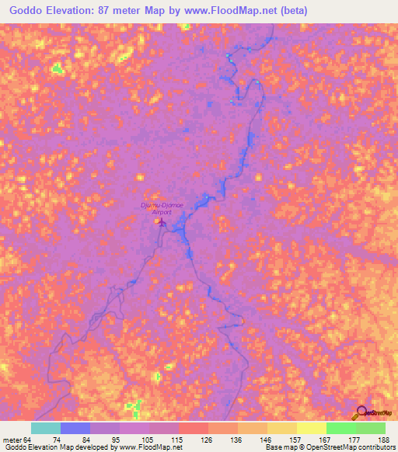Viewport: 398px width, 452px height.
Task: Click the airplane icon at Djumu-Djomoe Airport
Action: pos(158,222)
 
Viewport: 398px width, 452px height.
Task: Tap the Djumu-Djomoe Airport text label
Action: pos(160,207)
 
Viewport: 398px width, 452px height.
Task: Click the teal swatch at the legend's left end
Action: pos(46,428)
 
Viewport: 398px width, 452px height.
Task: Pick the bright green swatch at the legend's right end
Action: pos(371,428)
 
